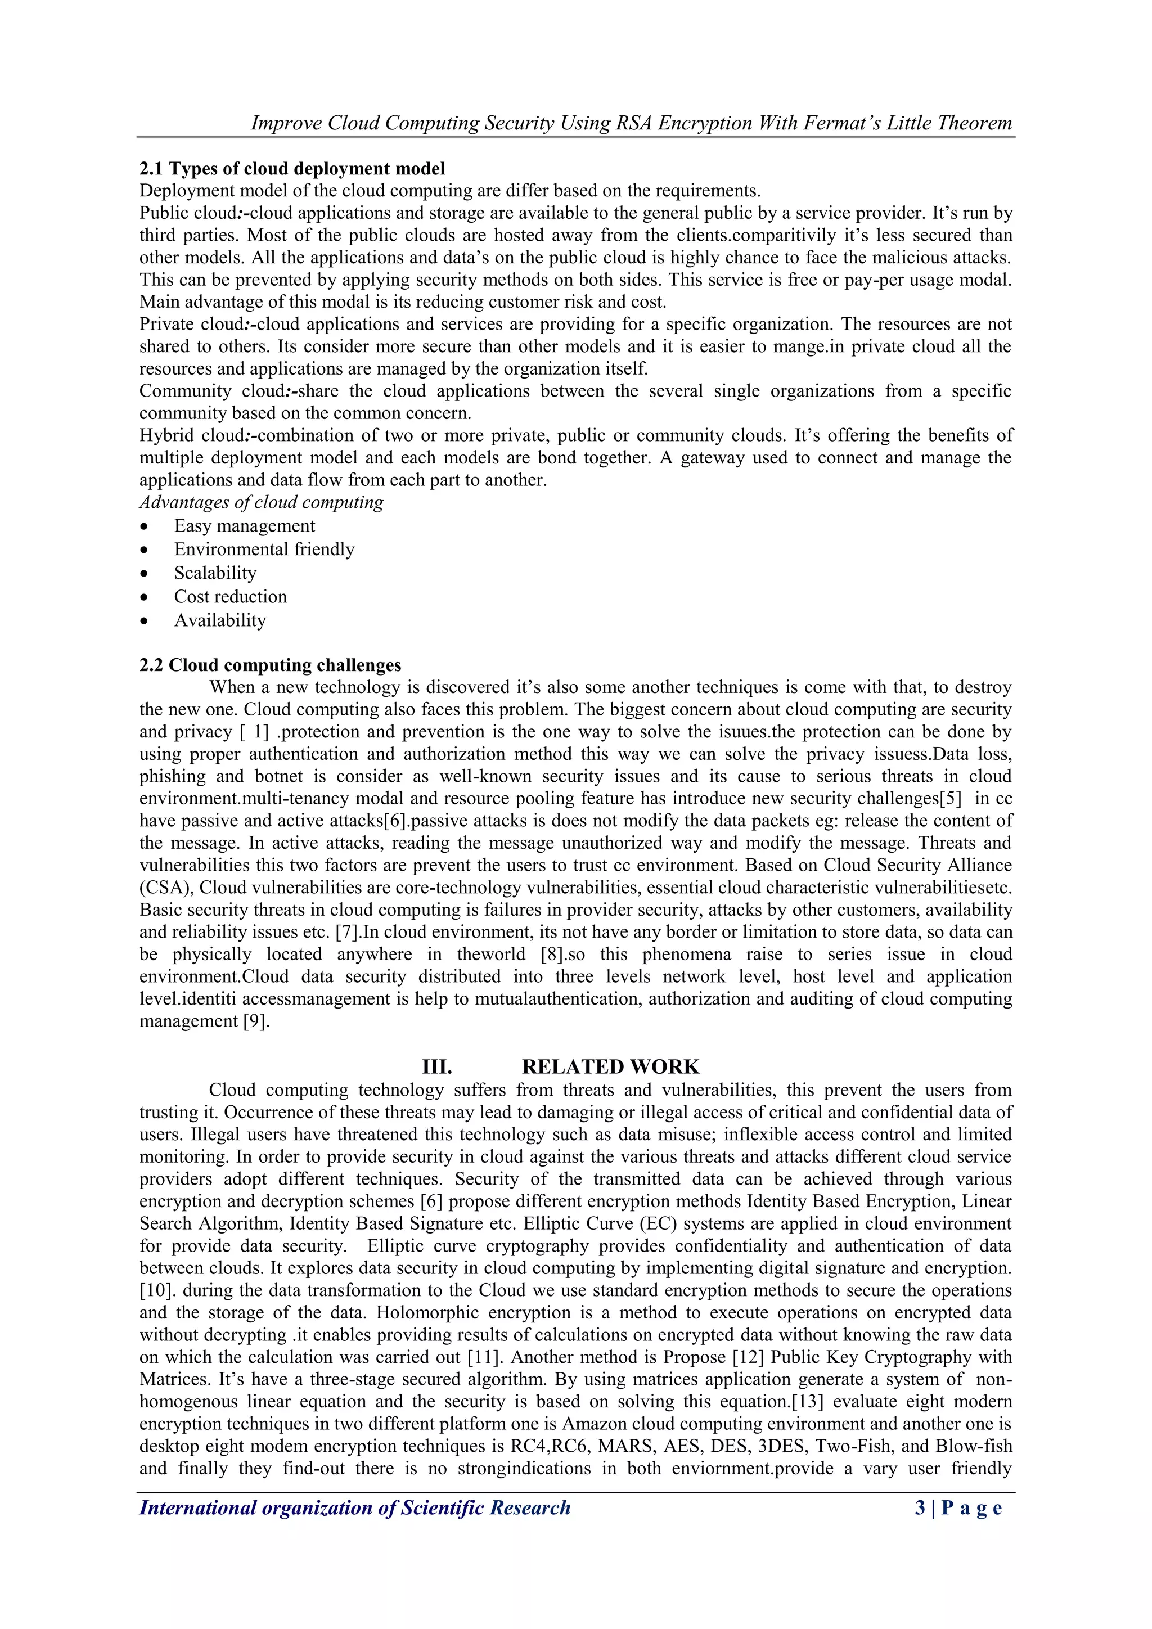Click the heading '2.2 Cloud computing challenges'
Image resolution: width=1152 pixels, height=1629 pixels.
(269, 665)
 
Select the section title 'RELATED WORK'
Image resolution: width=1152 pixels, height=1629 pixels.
(610, 1066)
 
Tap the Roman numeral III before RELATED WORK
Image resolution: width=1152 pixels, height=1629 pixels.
(437, 1066)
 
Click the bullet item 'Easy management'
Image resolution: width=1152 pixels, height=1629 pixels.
(244, 526)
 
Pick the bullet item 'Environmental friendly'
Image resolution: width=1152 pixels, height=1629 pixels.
(264, 549)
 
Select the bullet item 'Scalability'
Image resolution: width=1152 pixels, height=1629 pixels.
(215, 573)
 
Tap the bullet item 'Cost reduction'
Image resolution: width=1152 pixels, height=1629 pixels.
(231, 597)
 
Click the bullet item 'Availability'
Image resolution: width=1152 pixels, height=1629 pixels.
(220, 620)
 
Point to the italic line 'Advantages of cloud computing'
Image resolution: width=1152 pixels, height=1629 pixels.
(261, 502)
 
